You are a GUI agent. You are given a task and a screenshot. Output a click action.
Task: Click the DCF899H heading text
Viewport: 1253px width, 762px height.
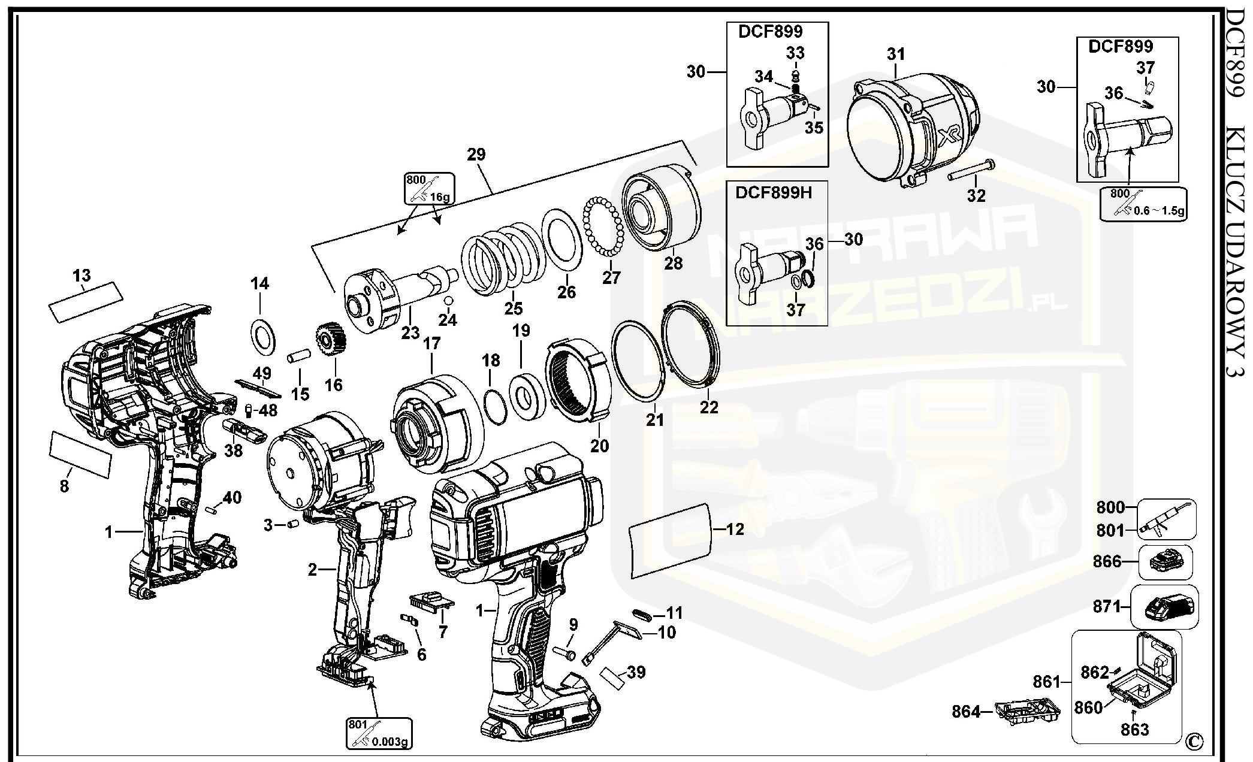774,193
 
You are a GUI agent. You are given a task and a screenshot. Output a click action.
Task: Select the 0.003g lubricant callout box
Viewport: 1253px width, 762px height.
379,733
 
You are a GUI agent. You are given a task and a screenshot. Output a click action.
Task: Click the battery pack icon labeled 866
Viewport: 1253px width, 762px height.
1164,563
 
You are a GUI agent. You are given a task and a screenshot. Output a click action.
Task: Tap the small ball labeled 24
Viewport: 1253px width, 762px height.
448,300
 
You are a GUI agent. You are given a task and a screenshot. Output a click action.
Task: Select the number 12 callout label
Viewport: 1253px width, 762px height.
735,529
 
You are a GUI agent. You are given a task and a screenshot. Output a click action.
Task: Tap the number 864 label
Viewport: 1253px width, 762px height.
965,712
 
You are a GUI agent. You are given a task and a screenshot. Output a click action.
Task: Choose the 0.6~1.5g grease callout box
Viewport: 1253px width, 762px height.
1143,204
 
